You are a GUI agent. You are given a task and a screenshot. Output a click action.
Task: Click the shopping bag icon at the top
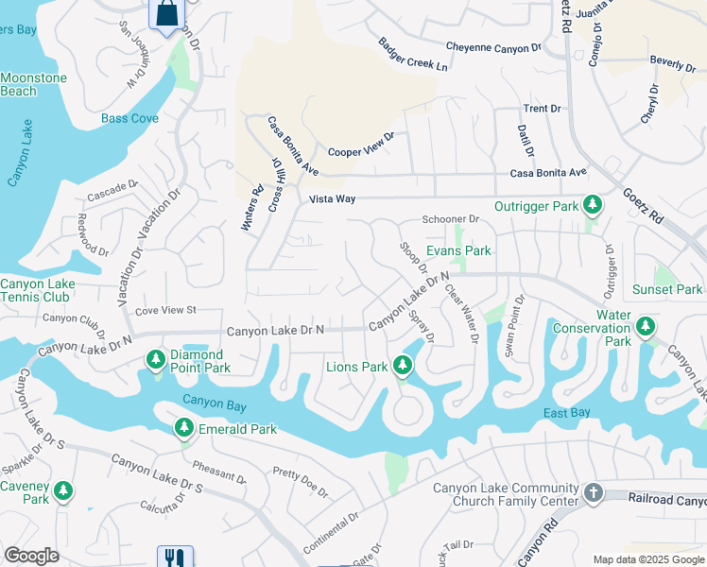click(167, 14)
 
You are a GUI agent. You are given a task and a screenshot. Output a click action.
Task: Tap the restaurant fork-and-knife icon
click(174, 558)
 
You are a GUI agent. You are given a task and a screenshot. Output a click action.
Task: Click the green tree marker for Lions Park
click(403, 365)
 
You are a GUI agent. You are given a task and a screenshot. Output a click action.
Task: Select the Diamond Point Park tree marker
click(156, 359)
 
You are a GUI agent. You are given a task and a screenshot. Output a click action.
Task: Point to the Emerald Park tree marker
click(184, 429)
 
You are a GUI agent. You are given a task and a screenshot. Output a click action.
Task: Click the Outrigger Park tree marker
click(593, 205)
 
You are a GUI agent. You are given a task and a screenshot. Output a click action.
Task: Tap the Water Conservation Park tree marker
click(646, 327)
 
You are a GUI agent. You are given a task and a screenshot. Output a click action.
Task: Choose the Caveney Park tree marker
click(63, 490)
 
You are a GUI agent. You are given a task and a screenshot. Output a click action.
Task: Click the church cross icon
click(593, 493)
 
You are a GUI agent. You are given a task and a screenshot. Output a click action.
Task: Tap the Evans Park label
click(458, 250)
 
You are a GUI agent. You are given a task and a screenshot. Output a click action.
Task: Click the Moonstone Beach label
click(32, 84)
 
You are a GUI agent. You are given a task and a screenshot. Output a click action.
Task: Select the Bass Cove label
click(129, 119)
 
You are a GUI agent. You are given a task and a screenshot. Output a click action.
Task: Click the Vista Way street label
click(333, 199)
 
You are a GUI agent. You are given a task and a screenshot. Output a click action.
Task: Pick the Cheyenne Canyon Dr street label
click(492, 46)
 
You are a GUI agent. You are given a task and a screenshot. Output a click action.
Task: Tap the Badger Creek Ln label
click(413, 56)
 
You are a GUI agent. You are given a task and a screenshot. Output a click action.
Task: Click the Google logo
click(31, 556)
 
